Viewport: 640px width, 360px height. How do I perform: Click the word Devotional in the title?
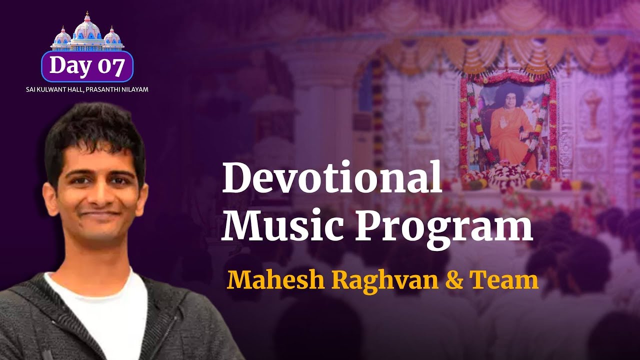[x=332, y=178]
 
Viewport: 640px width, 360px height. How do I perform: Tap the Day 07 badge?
[x=87, y=66]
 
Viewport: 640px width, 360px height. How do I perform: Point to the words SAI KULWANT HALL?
[x=56, y=89]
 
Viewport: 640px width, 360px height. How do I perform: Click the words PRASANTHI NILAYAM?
[x=120, y=89]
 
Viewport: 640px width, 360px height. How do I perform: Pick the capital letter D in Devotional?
[x=236, y=178]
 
